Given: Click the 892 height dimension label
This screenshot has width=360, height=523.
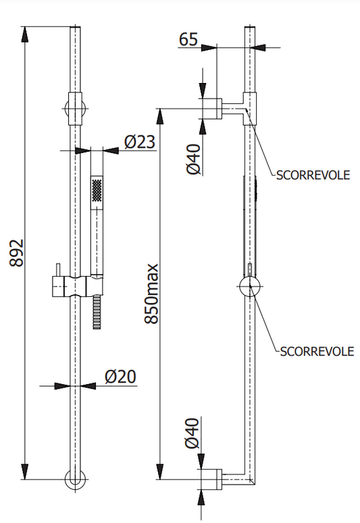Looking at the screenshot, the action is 16,252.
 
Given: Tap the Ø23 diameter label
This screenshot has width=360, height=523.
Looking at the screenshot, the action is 140,142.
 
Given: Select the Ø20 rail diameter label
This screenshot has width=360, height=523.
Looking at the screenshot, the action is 120,377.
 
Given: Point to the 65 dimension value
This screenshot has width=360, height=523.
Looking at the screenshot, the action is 188,39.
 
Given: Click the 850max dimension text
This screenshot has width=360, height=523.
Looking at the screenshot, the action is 151,294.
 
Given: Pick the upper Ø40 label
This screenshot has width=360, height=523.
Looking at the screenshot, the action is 194,159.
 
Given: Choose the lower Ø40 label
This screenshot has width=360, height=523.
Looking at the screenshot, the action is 192,433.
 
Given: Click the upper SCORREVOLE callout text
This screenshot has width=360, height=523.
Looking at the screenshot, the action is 313,175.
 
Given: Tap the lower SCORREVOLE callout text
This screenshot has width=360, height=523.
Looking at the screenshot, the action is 317,352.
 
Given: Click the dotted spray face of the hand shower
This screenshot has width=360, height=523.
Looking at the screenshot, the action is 97,190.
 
